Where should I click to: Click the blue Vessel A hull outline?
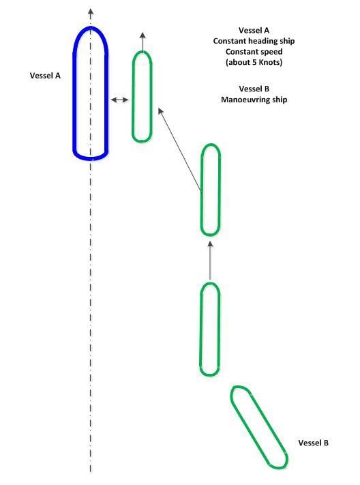(x=74, y=93)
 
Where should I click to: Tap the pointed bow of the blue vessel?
(x=90, y=27)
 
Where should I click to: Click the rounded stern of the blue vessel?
(x=90, y=159)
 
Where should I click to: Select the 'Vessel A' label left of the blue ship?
(x=45, y=76)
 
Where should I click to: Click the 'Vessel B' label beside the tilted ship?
(x=314, y=443)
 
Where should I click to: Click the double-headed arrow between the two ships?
(x=120, y=100)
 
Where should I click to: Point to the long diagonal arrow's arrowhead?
(x=160, y=111)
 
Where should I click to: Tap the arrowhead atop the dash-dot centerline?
(x=90, y=12)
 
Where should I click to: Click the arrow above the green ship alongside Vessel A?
(x=142, y=41)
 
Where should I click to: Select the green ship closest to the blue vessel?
(x=133, y=97)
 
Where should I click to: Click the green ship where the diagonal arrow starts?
(x=201, y=190)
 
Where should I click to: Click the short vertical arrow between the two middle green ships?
(x=210, y=261)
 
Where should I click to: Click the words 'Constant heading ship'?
(x=254, y=41)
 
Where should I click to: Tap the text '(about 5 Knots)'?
(x=254, y=62)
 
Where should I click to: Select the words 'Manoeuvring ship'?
(x=254, y=100)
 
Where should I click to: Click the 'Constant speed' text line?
(x=254, y=52)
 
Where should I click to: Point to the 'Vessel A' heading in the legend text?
(x=254, y=30)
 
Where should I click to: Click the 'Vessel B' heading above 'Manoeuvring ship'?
(x=254, y=89)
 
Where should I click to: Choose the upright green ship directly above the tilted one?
(x=200, y=329)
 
